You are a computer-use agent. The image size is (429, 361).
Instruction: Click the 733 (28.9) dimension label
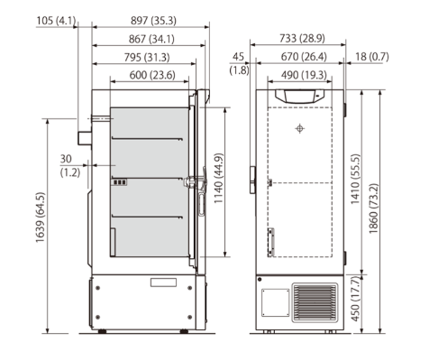coord(301,39)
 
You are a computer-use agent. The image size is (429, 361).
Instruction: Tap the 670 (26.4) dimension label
coord(301,57)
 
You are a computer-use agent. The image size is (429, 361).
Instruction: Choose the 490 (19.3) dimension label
coord(301,75)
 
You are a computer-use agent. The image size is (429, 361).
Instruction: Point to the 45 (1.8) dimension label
coord(239,63)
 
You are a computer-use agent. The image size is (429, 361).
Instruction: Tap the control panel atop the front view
coord(300,94)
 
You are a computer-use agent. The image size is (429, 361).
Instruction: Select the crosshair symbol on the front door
coord(300,128)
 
